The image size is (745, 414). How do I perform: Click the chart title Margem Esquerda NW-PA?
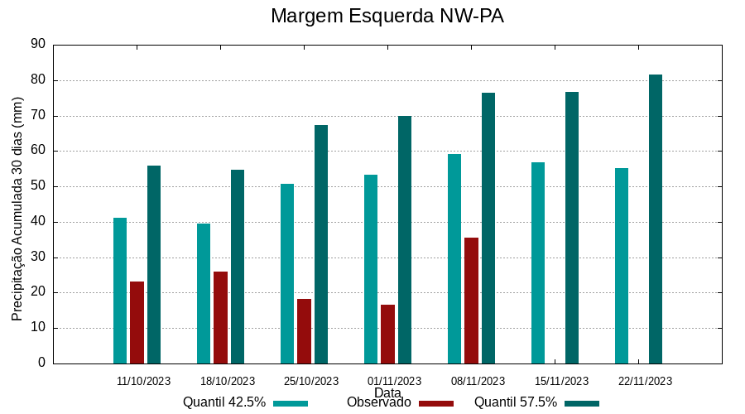[x=387, y=17]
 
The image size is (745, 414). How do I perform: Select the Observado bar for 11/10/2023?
[x=137, y=322]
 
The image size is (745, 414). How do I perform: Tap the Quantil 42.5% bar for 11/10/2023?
[x=120, y=291]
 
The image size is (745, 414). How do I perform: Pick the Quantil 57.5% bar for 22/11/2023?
[x=656, y=219]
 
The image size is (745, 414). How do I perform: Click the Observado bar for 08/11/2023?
[x=471, y=301]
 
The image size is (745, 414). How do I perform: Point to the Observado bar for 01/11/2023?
[x=387, y=334]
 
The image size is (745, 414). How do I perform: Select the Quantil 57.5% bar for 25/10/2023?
[x=321, y=244]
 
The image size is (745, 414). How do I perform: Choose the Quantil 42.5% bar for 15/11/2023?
[x=538, y=262]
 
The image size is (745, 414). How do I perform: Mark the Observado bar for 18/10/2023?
[x=220, y=317]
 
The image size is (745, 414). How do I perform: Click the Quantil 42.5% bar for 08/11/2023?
[x=454, y=258]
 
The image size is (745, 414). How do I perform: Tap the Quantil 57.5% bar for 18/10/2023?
[x=238, y=267]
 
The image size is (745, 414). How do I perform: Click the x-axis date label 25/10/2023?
[x=311, y=382]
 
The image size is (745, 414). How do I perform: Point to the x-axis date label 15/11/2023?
[x=562, y=382]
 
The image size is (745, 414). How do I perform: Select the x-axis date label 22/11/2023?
[x=646, y=382]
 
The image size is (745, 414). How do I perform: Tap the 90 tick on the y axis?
[x=37, y=45]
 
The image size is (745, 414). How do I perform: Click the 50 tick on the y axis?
[x=37, y=186]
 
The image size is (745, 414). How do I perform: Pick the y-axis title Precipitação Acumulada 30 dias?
[x=17, y=209]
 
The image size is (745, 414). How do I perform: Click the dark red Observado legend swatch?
[x=436, y=403]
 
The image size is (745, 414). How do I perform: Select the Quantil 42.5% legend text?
[x=224, y=402]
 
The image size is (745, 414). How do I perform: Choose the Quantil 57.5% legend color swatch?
[x=582, y=403]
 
